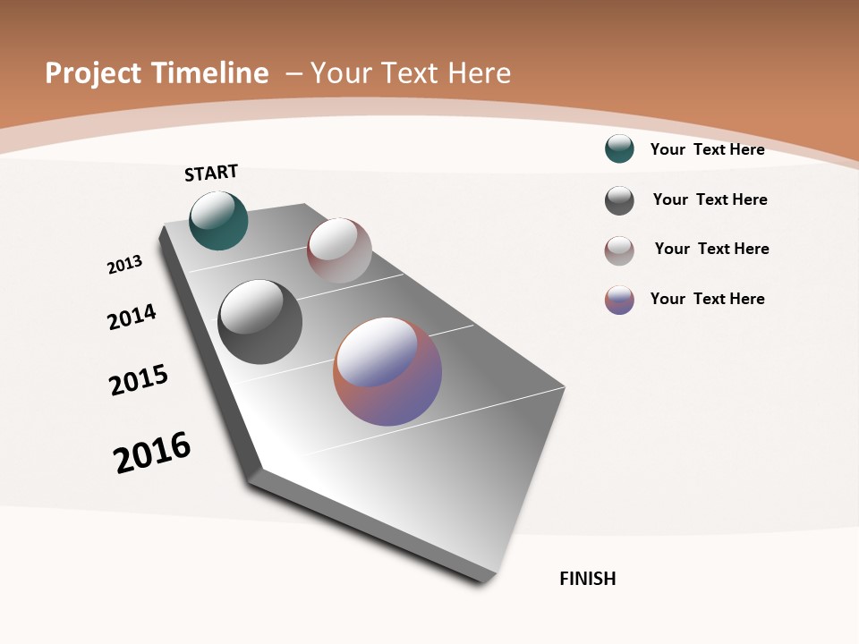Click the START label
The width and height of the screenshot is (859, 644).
(211, 173)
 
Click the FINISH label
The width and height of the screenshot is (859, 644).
(588, 579)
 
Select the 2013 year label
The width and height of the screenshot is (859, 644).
(124, 265)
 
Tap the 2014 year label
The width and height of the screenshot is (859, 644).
(132, 317)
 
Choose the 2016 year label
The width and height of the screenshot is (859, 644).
(152, 453)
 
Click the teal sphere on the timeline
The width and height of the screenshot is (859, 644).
(218, 221)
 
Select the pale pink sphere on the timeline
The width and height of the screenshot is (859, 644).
(339, 250)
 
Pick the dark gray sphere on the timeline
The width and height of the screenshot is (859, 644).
(259, 322)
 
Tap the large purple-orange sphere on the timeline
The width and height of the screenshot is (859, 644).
(387, 371)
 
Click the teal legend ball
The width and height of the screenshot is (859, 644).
(619, 148)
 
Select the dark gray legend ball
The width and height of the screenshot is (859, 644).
(619, 200)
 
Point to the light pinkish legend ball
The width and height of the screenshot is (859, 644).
(619, 250)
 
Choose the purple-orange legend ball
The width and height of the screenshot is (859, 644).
(619, 300)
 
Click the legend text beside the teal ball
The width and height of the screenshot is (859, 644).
(707, 149)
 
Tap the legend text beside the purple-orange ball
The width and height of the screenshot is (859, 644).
(707, 299)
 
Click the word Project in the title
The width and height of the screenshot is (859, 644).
(94, 73)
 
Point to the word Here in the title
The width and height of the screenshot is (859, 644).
(480, 73)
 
